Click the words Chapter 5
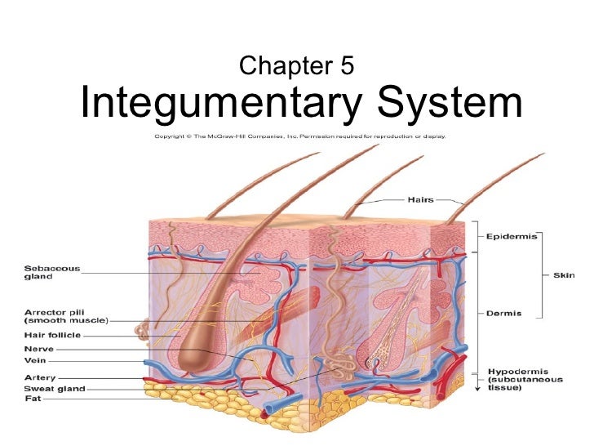[x=297, y=65]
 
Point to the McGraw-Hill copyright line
[x=300, y=136]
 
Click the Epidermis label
[x=511, y=236]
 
